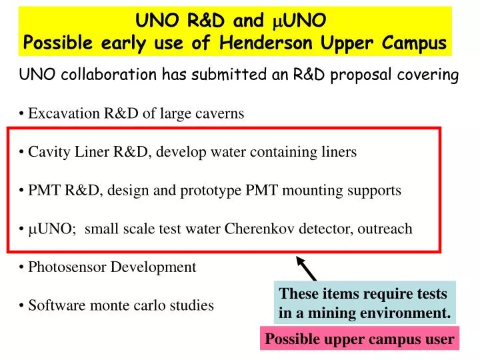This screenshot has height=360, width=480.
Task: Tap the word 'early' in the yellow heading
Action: click(x=123, y=43)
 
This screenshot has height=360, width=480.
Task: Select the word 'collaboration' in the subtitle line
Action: click(x=109, y=75)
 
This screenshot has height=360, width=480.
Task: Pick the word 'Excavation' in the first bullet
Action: click(x=64, y=113)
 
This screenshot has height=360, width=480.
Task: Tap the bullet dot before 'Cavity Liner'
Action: click(x=21, y=152)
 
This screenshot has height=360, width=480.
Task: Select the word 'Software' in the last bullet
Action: click(x=57, y=305)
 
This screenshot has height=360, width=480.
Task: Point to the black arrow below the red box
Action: click(x=306, y=269)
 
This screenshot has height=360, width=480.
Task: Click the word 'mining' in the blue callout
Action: click(x=331, y=313)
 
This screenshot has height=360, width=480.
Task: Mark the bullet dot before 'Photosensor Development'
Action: click(x=21, y=267)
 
